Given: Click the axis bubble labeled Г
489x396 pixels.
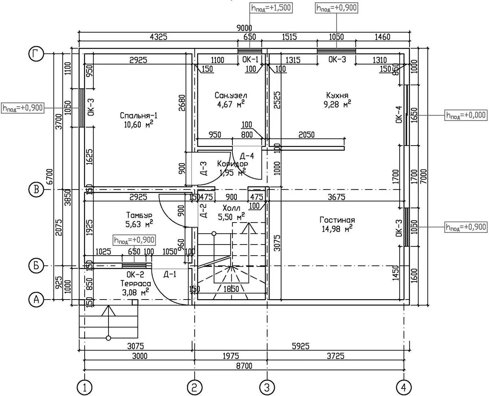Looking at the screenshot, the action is point(36,54).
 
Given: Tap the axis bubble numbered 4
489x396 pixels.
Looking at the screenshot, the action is point(404,388).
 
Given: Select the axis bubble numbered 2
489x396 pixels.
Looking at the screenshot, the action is point(195,388).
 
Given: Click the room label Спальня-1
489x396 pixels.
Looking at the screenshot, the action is point(139,115).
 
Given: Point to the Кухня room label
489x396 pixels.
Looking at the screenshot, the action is point(337,95).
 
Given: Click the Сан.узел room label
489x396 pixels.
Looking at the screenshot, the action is point(231,95).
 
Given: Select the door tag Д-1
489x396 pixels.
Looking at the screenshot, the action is point(170,274).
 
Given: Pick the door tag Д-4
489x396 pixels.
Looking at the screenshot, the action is point(247,156).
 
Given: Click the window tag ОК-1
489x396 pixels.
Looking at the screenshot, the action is point(250,59).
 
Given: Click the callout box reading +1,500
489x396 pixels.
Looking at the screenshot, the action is point(271,8).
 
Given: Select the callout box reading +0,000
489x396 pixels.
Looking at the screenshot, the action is point(466,115).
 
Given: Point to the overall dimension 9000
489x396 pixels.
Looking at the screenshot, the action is point(244,28).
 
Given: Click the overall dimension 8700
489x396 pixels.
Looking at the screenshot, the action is point(244,366).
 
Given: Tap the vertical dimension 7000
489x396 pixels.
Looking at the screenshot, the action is point(424,176).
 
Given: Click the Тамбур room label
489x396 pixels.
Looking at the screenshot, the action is point(139,215).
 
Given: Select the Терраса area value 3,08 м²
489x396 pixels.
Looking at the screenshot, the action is point(136,292).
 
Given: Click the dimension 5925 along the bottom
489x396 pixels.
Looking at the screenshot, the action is point(301,346).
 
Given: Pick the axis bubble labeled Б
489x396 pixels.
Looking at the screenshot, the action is point(36,265).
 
